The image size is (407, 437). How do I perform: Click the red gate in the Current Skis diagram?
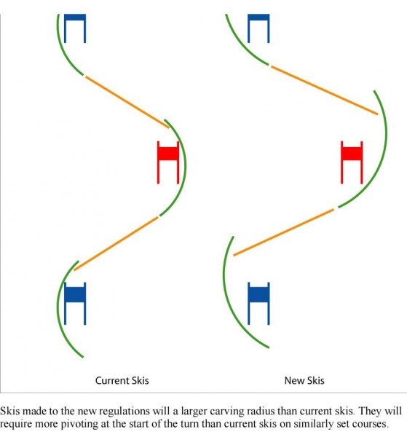coord(168,162)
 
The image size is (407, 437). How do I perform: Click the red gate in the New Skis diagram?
coord(352,162)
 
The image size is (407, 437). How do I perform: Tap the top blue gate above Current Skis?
coord(75,28)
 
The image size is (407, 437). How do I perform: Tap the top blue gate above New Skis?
coord(258,28)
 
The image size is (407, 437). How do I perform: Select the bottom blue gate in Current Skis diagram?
coord(75,304)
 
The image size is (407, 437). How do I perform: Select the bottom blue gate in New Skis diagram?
coord(258,304)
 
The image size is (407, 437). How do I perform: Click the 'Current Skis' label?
coord(122,380)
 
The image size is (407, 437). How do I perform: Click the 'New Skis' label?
coord(304,380)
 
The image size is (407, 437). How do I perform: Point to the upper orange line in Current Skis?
coord(127,102)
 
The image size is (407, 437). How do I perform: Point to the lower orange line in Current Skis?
coord(116,243)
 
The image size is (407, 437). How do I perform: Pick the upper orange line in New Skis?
coord(325,90)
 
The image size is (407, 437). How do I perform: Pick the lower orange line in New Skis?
coord(284,232)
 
